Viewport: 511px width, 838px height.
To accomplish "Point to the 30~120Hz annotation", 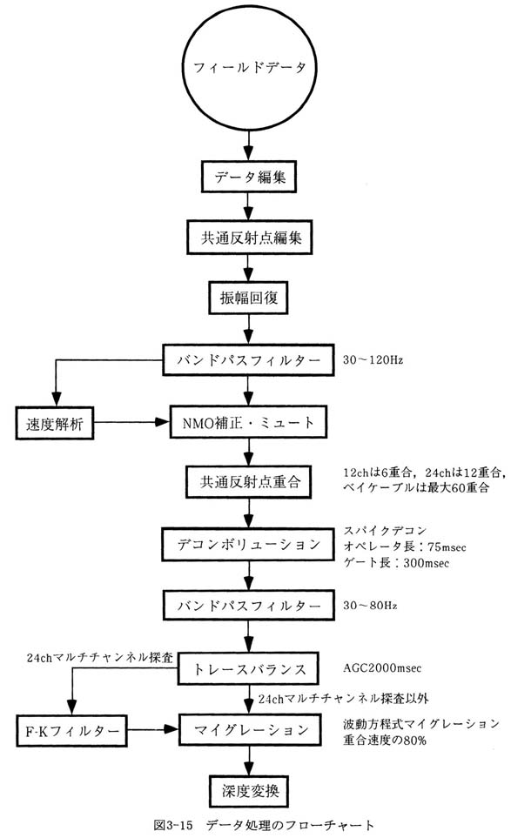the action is (x=373, y=360).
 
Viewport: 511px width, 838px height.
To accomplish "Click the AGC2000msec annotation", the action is (x=382, y=668).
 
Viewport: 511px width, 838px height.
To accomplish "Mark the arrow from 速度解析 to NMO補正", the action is (x=132, y=422).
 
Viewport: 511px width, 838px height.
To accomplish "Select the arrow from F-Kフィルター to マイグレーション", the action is (x=153, y=729).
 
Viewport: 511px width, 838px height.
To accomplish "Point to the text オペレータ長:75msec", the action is (x=405, y=546).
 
